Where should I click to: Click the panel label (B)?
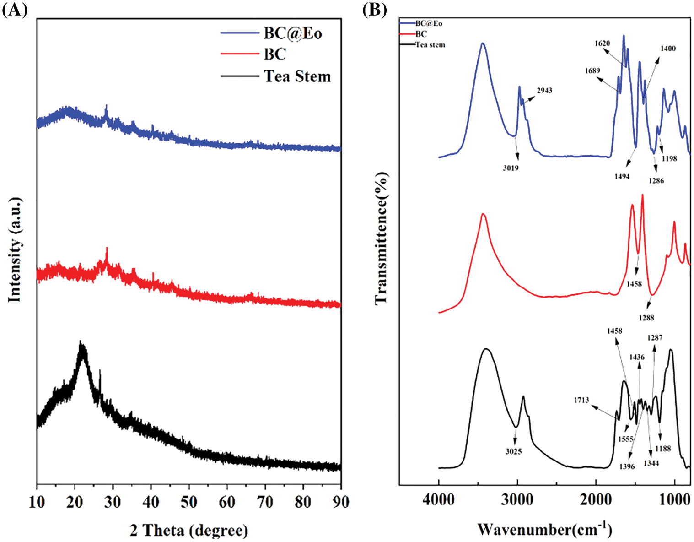click(x=374, y=10)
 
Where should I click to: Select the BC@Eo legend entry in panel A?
click(x=292, y=33)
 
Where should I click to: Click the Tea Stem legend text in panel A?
click(x=297, y=76)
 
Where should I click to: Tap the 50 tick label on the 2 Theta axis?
click(x=188, y=502)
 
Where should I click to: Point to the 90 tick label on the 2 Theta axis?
click(x=340, y=502)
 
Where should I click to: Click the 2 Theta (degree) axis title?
click(x=189, y=530)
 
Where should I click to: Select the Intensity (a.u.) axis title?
click(x=15, y=249)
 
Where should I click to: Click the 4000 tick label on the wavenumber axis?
click(x=438, y=499)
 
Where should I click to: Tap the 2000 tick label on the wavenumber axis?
click(x=596, y=499)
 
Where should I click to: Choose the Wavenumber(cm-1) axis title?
click(x=544, y=529)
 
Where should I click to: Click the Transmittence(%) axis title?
click(x=381, y=238)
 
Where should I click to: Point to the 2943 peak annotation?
click(x=544, y=90)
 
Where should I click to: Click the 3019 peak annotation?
click(x=511, y=168)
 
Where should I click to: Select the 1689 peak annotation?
click(x=592, y=71)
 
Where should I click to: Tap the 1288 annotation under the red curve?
click(x=646, y=318)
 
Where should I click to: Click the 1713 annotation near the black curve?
click(x=581, y=400)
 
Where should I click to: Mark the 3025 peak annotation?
click(x=513, y=451)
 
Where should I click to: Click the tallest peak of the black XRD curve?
click(x=81, y=343)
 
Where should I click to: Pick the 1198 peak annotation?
click(x=669, y=158)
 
